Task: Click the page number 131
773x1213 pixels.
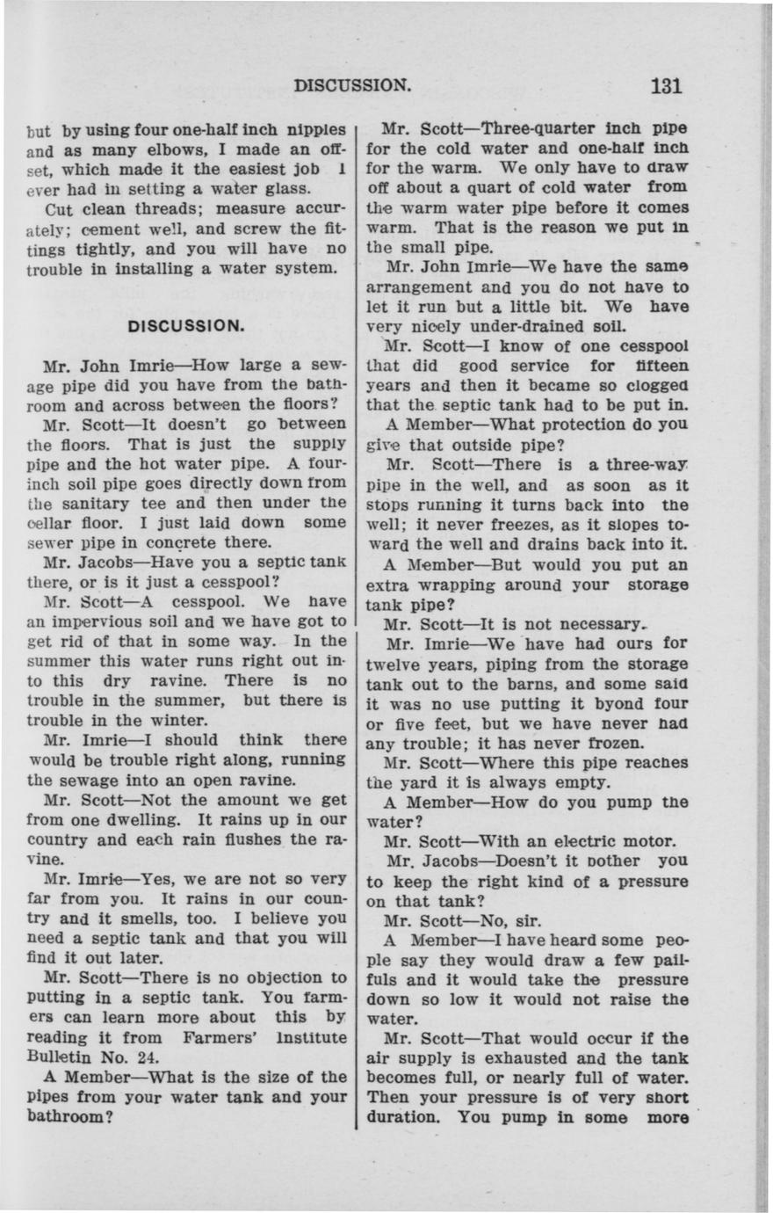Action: (x=667, y=86)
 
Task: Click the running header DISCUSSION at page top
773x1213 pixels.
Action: (x=352, y=86)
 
